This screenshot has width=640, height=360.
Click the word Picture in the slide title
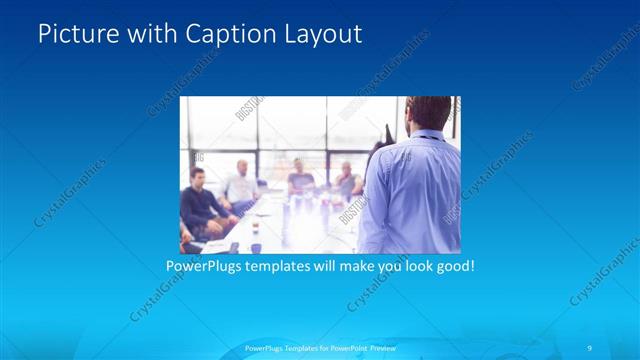[x=72, y=34]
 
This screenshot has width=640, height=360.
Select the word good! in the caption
[x=452, y=267]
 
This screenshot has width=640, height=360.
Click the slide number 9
[x=590, y=347]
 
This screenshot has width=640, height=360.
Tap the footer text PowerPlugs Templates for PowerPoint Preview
[x=319, y=347]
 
